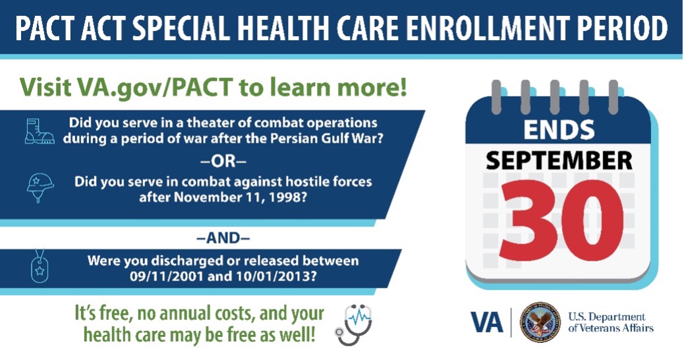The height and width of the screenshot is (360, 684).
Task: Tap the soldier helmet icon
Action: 39,187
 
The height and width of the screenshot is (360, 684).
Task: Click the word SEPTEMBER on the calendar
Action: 557,160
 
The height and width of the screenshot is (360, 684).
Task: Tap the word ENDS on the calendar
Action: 557,130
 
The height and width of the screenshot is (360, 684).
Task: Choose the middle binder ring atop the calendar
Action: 556,95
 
